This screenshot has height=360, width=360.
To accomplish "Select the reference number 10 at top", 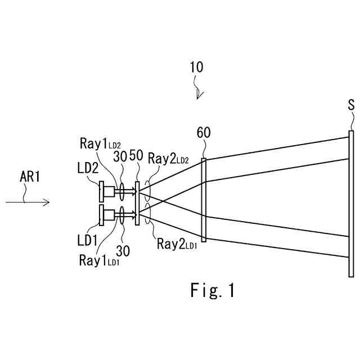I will coord(196,69).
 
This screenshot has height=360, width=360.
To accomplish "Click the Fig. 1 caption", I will coord(211,290).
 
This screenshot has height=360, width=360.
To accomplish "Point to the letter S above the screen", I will coord(352,106).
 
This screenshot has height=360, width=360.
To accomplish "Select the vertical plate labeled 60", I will coord(204,200).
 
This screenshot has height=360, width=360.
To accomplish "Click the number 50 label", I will coord(136,156).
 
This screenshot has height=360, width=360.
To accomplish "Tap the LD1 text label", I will coord(88,240).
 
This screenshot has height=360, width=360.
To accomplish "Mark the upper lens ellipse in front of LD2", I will coord(122,192).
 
